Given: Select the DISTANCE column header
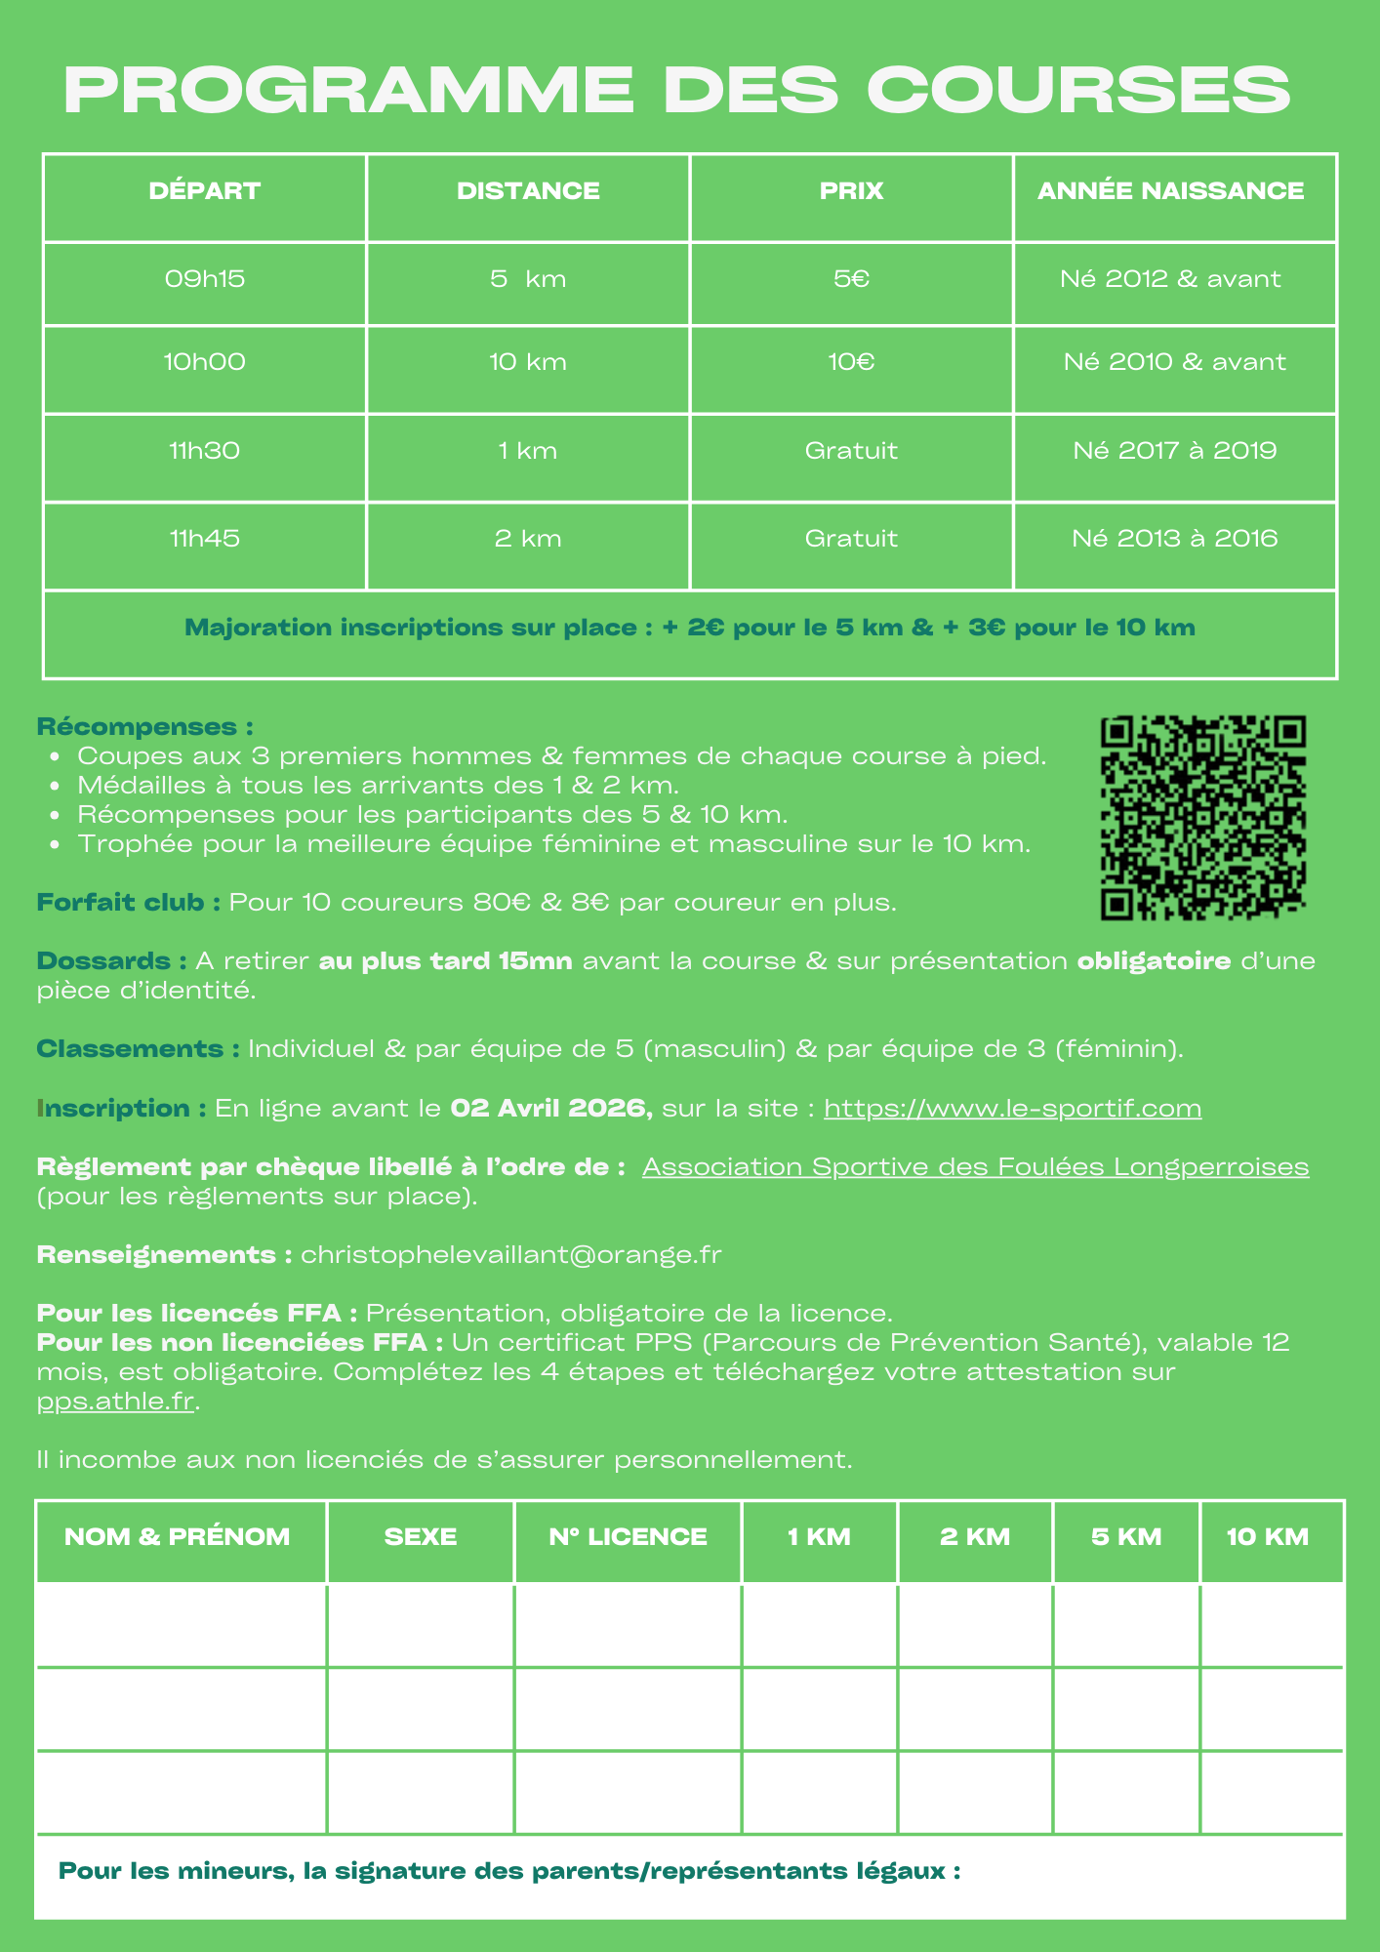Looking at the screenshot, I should [528, 190].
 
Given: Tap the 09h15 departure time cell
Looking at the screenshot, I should [205, 279].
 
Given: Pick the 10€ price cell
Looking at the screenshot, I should [851, 362].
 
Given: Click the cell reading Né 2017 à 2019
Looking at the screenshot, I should [1174, 450].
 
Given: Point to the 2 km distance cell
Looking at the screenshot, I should [528, 538].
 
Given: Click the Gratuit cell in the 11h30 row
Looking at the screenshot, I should [851, 450].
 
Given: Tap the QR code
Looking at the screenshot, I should [1203, 818].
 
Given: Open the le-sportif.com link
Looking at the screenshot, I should [1012, 1108].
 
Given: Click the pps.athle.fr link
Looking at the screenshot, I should [116, 1403].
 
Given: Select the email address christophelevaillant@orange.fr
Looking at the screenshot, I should [511, 1254].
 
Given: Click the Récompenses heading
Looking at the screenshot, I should [144, 727].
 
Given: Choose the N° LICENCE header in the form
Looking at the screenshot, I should [628, 1536].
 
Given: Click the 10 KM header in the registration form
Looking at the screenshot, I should [1267, 1536].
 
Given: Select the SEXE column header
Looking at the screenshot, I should [421, 1536].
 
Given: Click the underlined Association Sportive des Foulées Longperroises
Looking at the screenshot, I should [975, 1166].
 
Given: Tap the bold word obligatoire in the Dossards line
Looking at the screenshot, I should [1154, 961].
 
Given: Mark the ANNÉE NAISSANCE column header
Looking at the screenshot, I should [1170, 190].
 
